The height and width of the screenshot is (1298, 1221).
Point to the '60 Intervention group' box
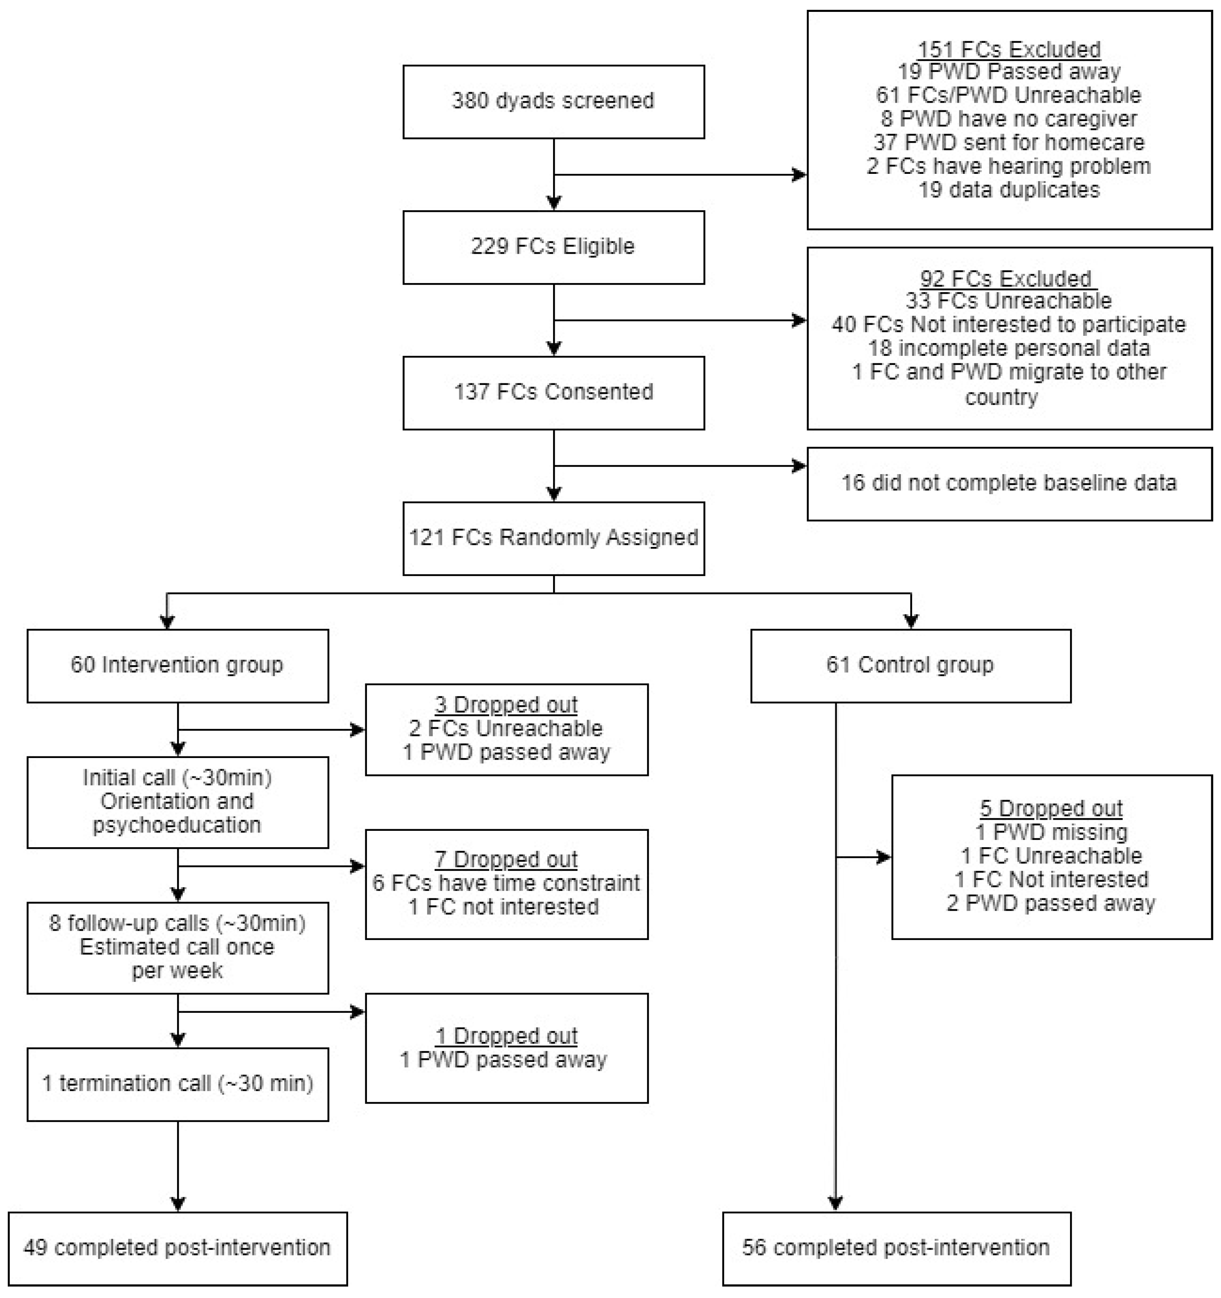coord(177,665)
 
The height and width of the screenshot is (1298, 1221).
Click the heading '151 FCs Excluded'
coord(1009,49)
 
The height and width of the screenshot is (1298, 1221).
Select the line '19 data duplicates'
coord(1009,190)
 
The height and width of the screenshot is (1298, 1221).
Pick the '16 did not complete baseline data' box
coord(1009,483)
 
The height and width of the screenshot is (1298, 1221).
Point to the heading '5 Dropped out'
coord(1051,808)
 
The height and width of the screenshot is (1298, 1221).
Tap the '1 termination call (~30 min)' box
coord(177,1084)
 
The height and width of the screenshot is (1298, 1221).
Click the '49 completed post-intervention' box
coord(177,1248)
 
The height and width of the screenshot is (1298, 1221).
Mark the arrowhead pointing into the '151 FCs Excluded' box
coord(799,175)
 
